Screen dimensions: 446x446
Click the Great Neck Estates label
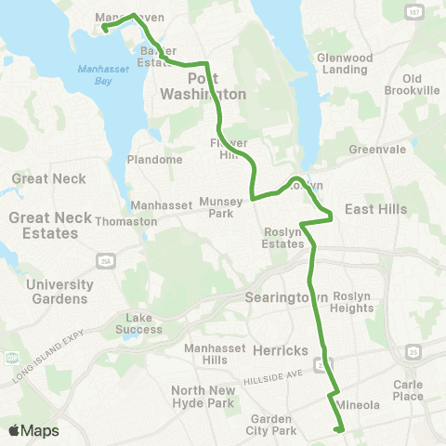click(x=44, y=225)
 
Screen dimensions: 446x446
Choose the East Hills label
click(x=375, y=210)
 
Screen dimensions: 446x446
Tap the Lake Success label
click(x=144, y=322)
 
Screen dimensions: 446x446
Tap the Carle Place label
click(x=408, y=390)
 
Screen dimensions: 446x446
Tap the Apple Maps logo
click(x=33, y=430)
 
